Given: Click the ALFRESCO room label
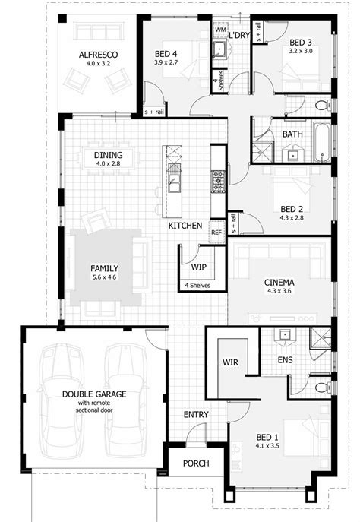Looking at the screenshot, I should coord(96,54).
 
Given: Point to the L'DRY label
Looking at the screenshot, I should coord(240,36).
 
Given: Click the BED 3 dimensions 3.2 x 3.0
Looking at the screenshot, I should coord(301,52).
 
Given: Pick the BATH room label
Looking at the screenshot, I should coord(292,134).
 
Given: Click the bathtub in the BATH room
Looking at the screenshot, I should coord(322,136).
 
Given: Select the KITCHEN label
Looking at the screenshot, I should coord(185,226).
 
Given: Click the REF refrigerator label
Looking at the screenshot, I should coord(216,233).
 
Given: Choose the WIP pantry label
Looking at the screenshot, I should coord(199,267).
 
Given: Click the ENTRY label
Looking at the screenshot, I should coord(197,415).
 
